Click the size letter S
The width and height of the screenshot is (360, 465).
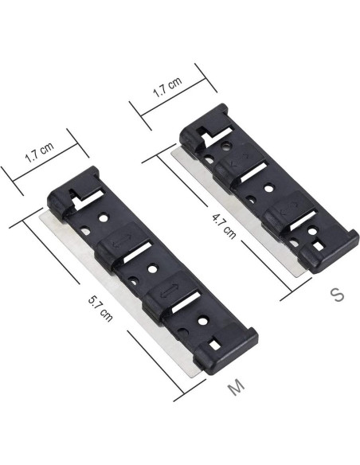[338, 295]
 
